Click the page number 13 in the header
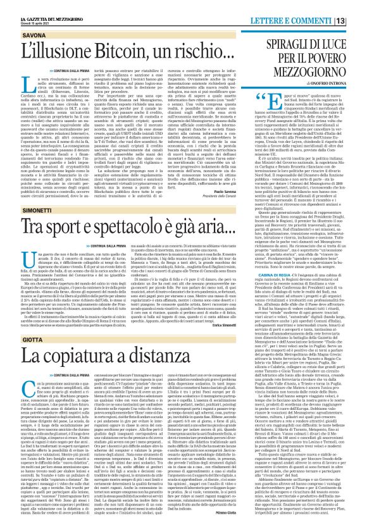coord(358,6)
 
